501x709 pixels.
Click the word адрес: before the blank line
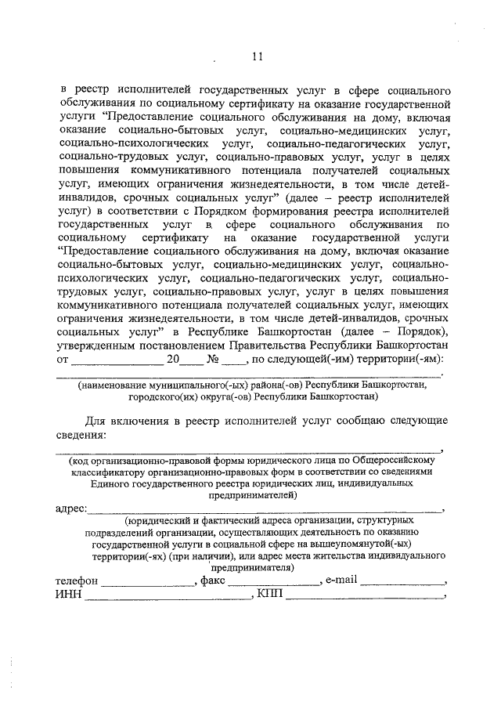coord(71,508)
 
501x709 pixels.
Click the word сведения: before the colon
coord(80,435)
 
